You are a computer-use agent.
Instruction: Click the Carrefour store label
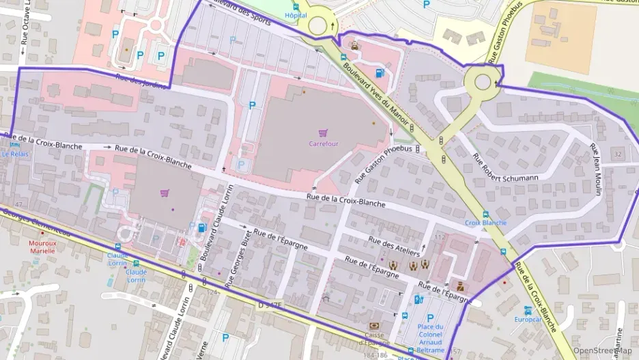point(324,144)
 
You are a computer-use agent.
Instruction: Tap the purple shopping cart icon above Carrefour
point(323,133)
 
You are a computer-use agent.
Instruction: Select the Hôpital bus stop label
point(296,15)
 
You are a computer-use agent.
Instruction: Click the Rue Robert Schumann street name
point(506,169)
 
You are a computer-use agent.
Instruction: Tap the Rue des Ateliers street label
point(392,243)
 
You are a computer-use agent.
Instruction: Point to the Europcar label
point(528,319)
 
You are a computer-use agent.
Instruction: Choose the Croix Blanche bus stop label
point(485,223)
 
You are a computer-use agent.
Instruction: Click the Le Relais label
point(15,154)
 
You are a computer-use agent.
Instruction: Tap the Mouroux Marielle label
point(43,247)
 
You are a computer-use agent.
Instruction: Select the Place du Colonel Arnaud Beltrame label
point(430,338)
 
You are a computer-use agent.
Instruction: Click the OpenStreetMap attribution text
point(602,351)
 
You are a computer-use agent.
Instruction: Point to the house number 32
point(617,155)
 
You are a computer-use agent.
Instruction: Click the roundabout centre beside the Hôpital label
point(317,25)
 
